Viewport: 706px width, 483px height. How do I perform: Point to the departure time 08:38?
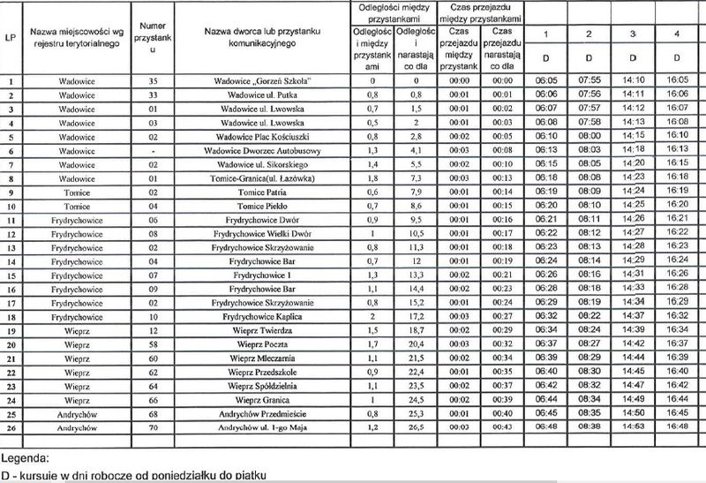[590, 425]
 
